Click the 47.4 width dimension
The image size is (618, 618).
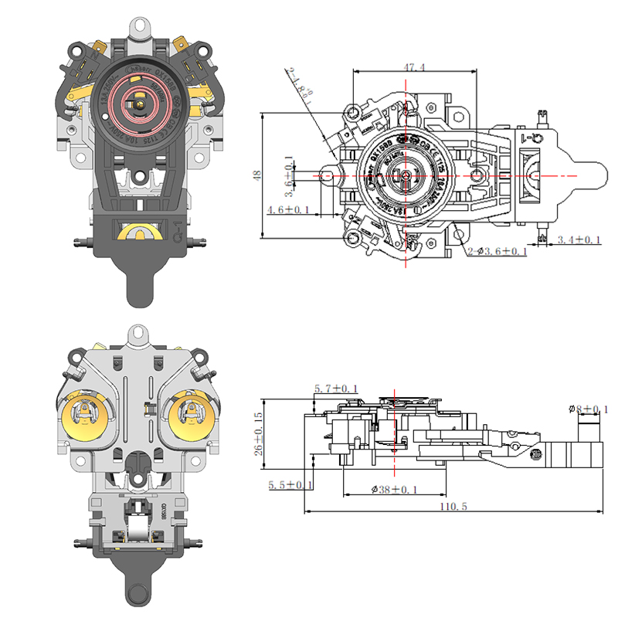pyautogui.click(x=413, y=68)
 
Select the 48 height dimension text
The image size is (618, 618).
pyautogui.click(x=257, y=175)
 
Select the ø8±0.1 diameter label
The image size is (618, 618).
pyautogui.click(x=588, y=409)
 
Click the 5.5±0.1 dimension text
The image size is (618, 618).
pyautogui.click(x=290, y=485)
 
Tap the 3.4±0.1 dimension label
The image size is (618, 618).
pyautogui.click(x=579, y=241)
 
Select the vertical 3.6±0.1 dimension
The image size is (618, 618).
pyautogui.click(x=288, y=175)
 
